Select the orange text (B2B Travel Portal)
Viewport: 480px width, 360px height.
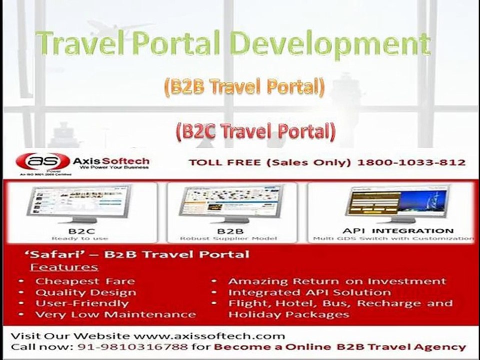pyautogui.click(x=243, y=87)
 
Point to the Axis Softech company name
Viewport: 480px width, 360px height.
pyautogui.click(x=110, y=161)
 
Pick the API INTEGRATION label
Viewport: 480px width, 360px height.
pyautogui.click(x=398, y=230)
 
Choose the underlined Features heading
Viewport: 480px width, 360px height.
pyautogui.click(x=63, y=267)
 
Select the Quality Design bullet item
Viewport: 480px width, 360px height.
pyautogui.click(x=85, y=292)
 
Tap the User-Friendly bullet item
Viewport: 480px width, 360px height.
pyautogui.click(x=81, y=303)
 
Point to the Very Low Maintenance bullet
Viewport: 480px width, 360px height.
pyautogui.click(x=115, y=314)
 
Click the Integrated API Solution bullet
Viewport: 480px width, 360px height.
pyautogui.click(x=309, y=292)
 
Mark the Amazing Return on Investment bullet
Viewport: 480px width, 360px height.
pyautogui.click(x=337, y=281)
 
